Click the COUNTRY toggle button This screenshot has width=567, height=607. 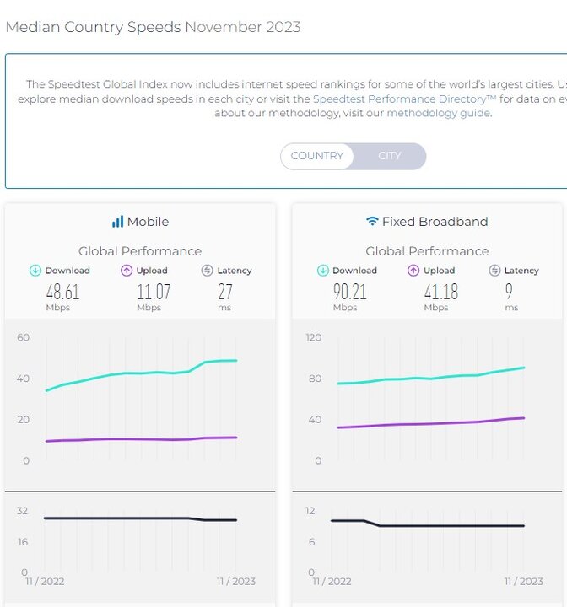tap(317, 156)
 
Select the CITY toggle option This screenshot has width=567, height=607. tap(390, 156)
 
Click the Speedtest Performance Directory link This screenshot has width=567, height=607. tap(404, 99)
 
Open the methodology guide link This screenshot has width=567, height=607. tap(438, 113)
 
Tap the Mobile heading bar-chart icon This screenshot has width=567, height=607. tap(117, 222)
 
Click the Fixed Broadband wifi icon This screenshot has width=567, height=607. tap(372, 222)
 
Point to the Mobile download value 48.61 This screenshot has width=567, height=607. tap(62, 292)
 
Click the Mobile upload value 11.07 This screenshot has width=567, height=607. tap(154, 292)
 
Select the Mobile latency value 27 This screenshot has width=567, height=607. tap(224, 292)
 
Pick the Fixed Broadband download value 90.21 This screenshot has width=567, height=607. tap(350, 292)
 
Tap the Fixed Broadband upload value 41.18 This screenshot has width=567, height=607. tap(440, 292)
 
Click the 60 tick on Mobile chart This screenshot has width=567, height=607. tap(23, 337)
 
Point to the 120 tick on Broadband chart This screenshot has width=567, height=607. tap(313, 337)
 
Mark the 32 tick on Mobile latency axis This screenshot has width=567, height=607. tap(22, 511)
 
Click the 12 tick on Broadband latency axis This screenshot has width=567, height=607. tap(310, 511)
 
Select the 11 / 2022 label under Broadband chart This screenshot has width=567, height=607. tap(331, 581)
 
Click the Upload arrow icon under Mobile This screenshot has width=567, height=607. tap(127, 271)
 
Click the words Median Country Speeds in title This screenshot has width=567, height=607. tap(93, 27)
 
